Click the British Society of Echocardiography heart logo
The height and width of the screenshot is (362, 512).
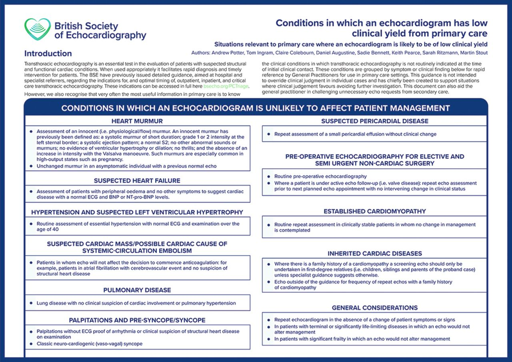[x=38, y=29]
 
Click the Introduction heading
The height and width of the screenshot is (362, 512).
[x=48, y=54]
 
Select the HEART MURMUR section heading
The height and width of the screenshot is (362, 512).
[x=137, y=121]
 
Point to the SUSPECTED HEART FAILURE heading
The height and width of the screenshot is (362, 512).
[x=137, y=180]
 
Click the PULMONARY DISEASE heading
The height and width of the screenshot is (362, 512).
[x=137, y=290]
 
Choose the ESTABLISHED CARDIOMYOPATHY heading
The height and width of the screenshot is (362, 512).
[x=375, y=211]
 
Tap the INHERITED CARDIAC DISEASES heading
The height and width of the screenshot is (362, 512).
[x=375, y=254]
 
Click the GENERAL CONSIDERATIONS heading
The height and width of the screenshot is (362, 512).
[x=375, y=308]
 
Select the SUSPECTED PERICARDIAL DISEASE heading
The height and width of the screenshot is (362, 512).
[x=375, y=121]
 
